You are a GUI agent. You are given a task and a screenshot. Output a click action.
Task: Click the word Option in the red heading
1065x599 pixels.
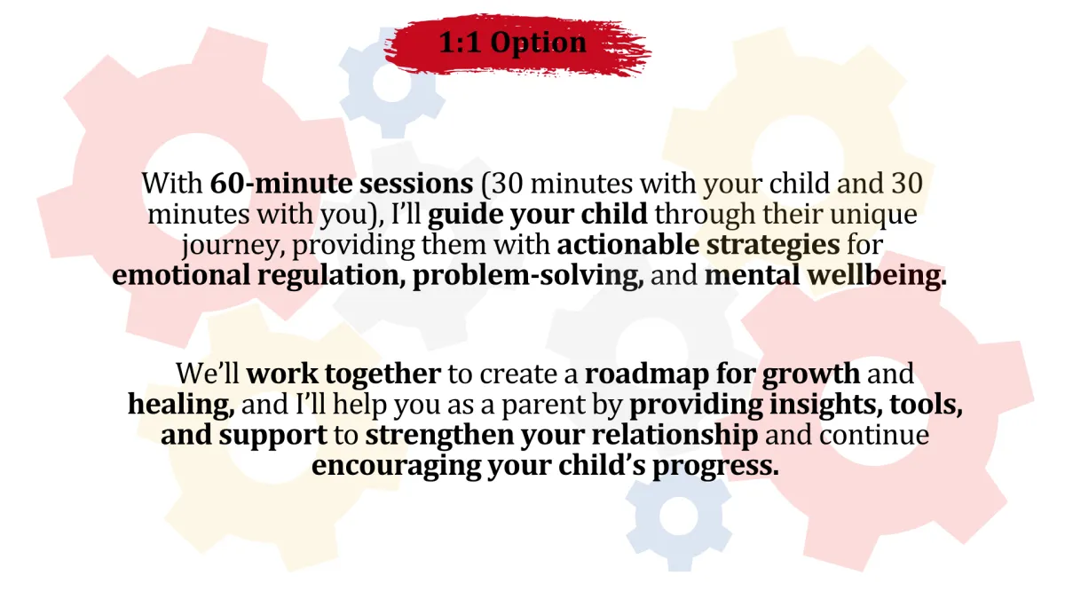point(538,43)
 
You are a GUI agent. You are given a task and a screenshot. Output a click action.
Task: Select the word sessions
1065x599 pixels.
point(416,184)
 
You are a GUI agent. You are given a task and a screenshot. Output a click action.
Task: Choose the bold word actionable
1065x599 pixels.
point(627,245)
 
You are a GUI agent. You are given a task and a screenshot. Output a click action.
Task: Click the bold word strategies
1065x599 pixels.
point(773,246)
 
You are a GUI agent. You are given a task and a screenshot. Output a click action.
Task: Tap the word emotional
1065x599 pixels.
point(181,275)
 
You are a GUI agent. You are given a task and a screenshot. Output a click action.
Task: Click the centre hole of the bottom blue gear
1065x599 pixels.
point(678,516)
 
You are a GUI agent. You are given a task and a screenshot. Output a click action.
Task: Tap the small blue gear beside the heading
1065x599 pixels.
point(392,83)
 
